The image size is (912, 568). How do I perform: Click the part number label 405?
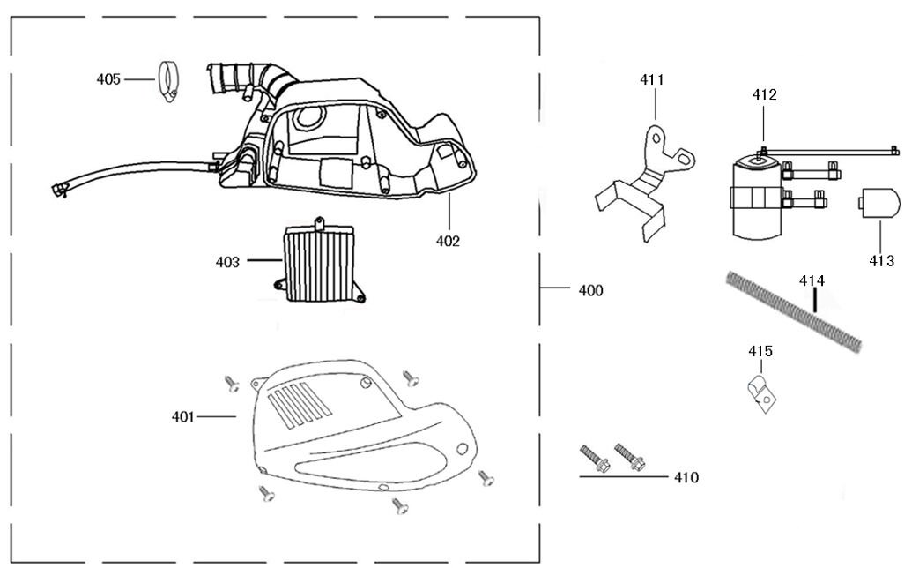(108, 79)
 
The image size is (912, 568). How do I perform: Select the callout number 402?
(448, 240)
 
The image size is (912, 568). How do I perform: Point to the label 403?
(227, 261)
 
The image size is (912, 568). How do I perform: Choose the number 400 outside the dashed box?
(590, 290)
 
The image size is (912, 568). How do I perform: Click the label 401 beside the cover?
(184, 415)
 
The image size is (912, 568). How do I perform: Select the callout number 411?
(652, 80)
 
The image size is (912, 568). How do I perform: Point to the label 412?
(764, 94)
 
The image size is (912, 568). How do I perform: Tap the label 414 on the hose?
(812, 280)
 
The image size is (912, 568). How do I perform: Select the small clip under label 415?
(760, 391)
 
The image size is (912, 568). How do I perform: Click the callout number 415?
(760, 351)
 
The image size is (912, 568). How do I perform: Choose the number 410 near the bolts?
(686, 478)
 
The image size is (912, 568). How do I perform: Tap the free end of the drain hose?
(60, 187)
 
